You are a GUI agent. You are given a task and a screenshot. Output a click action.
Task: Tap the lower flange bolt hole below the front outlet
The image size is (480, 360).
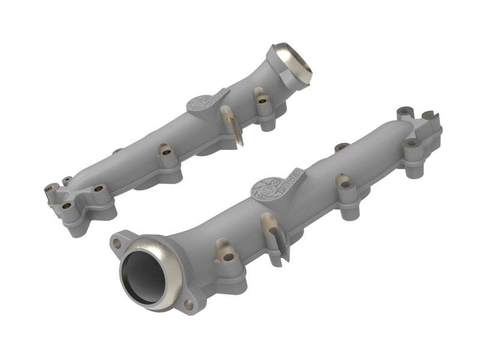pyautogui.click(x=190, y=305)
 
